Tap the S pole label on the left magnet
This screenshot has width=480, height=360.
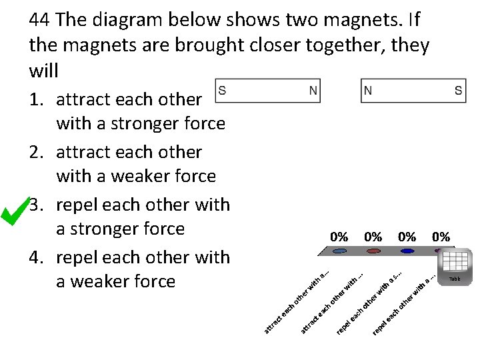pos(222,90)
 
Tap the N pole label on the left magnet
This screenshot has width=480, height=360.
pos(313,90)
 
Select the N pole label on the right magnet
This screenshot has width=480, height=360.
pos(368,90)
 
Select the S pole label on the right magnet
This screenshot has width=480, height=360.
pos(459,90)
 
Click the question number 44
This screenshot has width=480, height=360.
pos(40,20)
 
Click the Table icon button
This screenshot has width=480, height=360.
pos(455,265)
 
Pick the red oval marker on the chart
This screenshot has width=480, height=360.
pos(373,251)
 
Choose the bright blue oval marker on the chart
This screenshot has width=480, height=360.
pos(407,251)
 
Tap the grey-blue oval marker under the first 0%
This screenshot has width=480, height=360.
pos(339,251)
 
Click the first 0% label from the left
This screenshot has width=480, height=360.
pos(339,237)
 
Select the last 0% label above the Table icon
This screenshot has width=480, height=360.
pos(441,237)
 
